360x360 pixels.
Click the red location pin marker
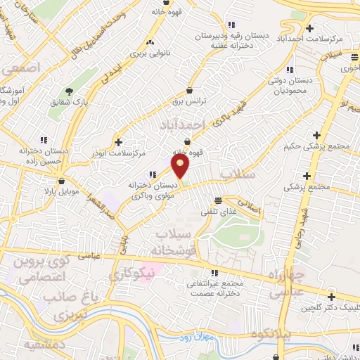point(181,167)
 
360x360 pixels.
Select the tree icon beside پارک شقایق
point(69,91)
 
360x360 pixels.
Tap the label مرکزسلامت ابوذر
point(118,152)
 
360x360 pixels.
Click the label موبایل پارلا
point(60,191)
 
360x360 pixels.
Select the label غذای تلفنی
point(219,209)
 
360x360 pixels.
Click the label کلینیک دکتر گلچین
point(326,307)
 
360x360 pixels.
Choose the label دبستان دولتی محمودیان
point(286,86)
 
